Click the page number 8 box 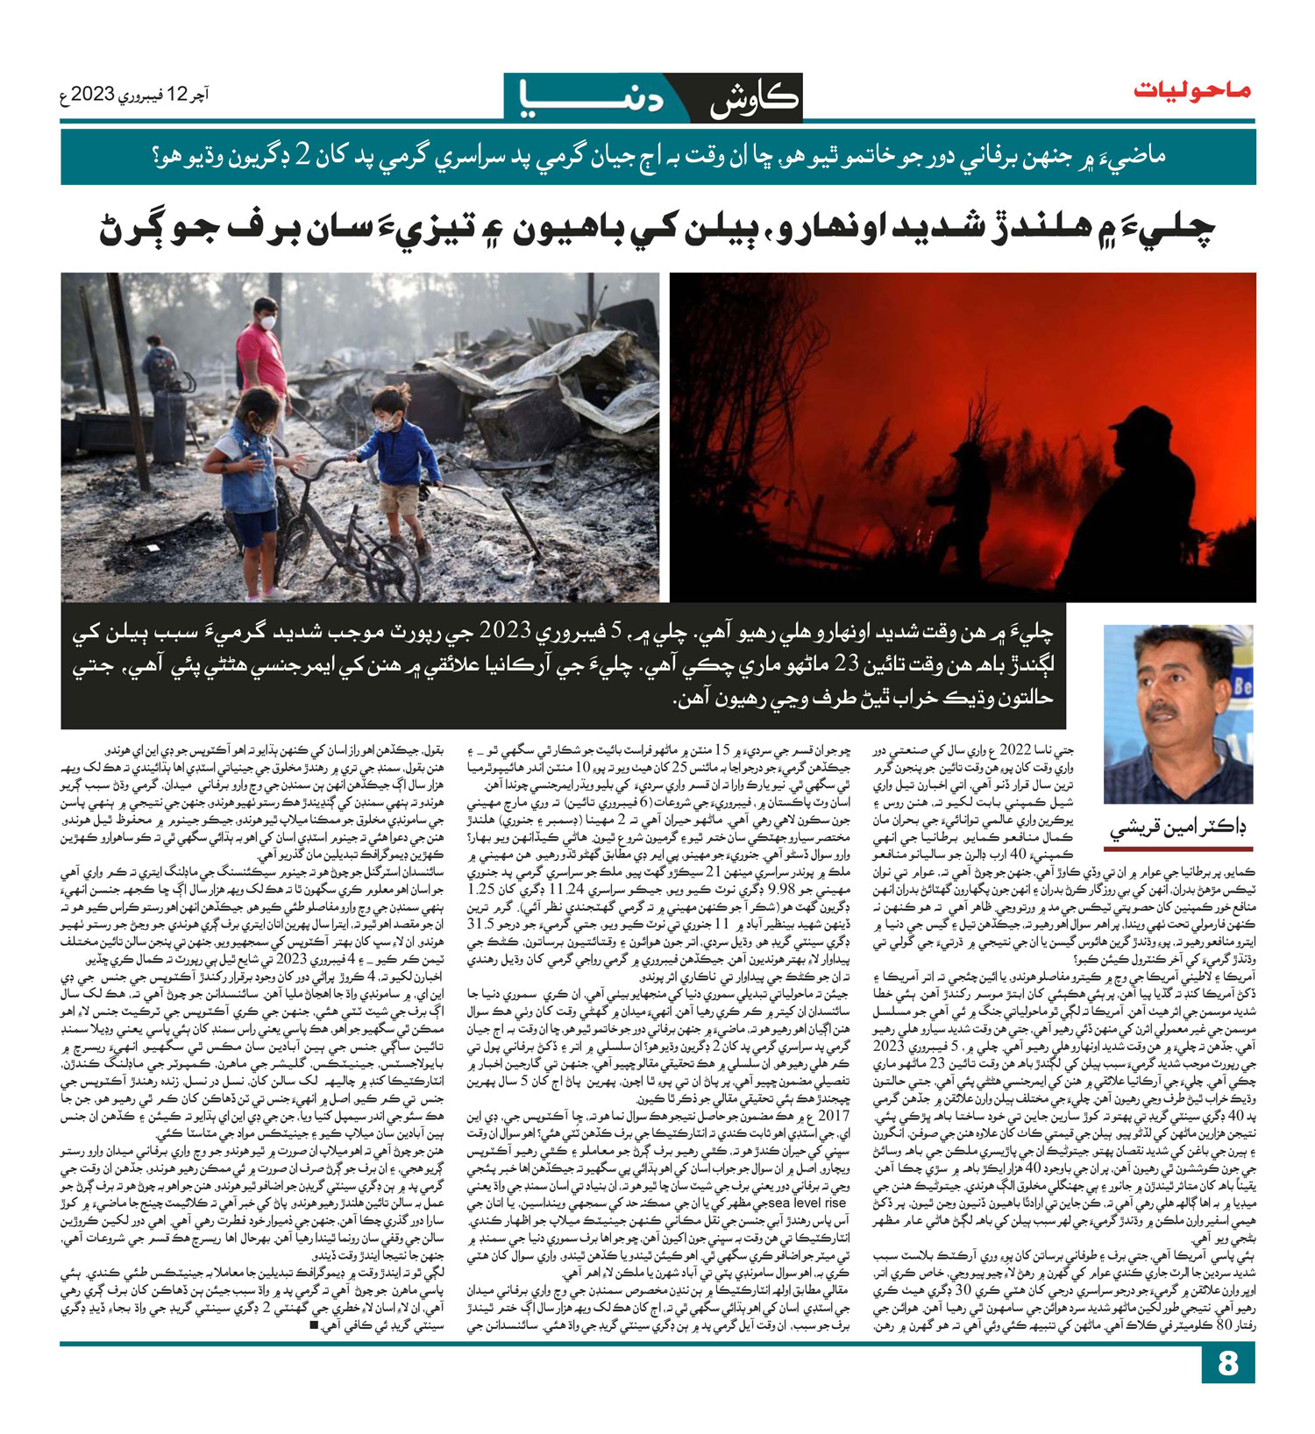(1227, 1363)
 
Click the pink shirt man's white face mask (268, 323)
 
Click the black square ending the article (314, 1325)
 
